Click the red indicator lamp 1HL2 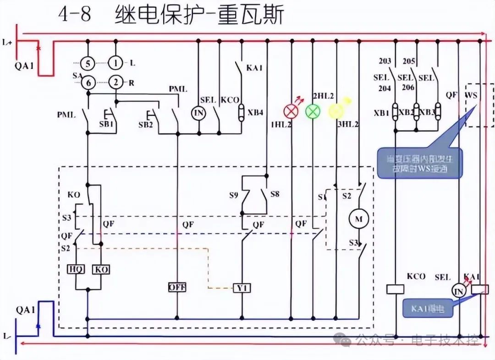(291, 111)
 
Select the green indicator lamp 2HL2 (313, 111)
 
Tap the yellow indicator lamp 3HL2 (336, 111)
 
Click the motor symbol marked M (359, 219)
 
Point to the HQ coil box (75, 269)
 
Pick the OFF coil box (176, 287)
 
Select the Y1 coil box (242, 288)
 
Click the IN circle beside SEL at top (198, 113)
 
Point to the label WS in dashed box (471, 95)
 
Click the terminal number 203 (385, 61)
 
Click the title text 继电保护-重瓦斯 (199, 15)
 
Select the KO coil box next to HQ (101, 269)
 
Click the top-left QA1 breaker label (24, 65)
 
